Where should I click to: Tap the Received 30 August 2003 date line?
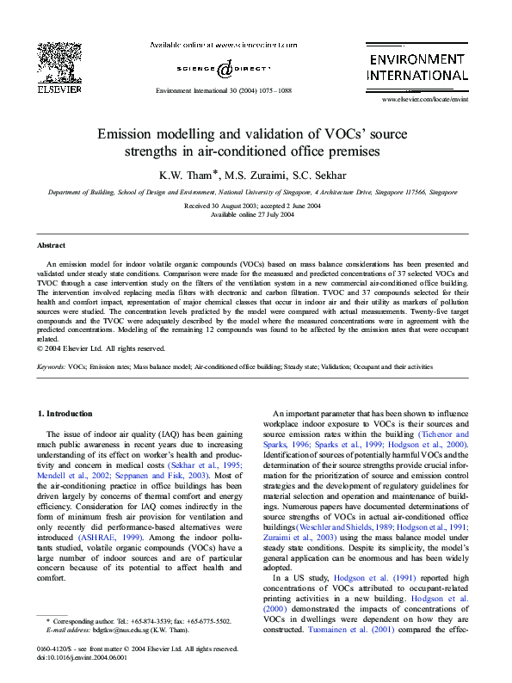coord(255,206)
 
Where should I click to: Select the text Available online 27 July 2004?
coord(255,215)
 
